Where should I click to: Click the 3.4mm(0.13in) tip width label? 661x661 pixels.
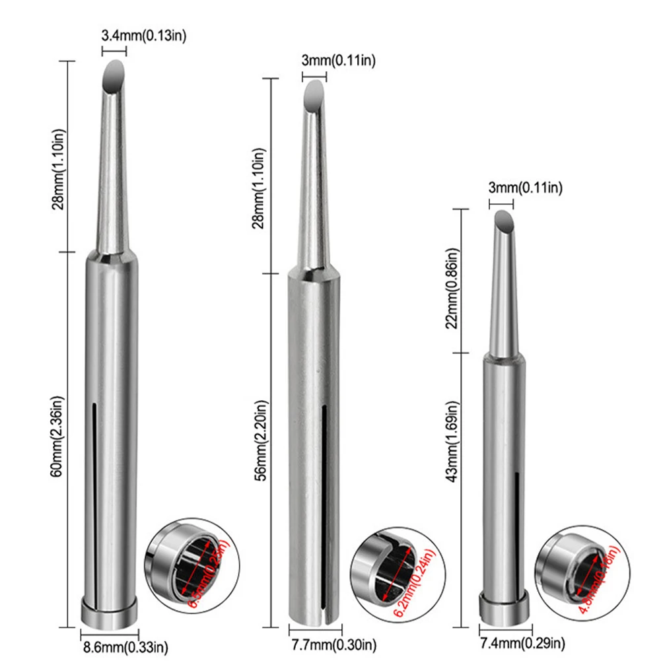coord(144,36)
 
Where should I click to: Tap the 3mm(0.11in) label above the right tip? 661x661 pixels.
coord(526,189)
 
